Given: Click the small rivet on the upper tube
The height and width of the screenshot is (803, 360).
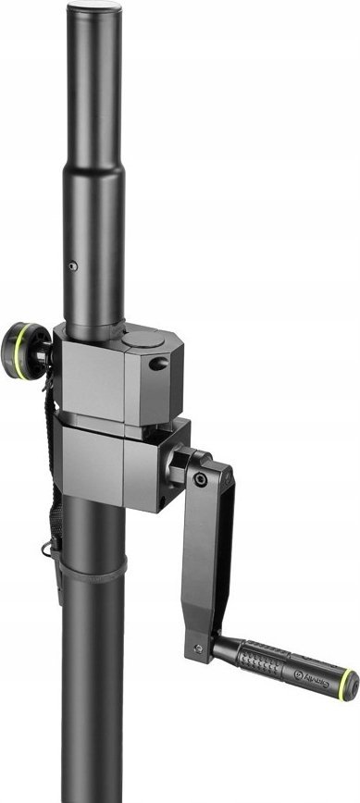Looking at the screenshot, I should pos(73,266).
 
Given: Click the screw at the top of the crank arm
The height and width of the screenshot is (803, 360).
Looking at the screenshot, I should pos(201,479).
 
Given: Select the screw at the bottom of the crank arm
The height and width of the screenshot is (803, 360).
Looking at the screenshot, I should pos(197,646).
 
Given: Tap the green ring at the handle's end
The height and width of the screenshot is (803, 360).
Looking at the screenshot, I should pos(348,685).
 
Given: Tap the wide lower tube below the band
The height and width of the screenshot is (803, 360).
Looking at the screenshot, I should pos(93,694).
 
